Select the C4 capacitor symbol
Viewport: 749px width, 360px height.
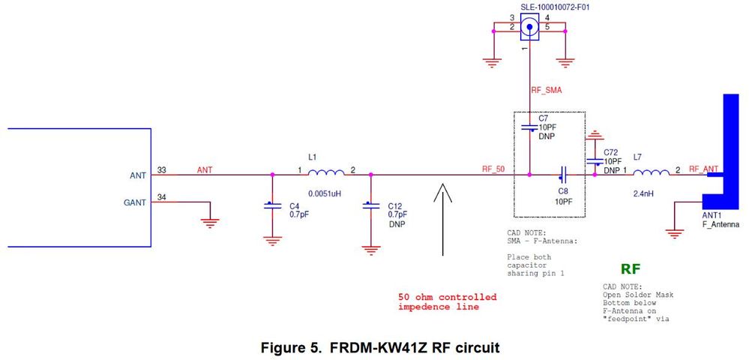[271, 205]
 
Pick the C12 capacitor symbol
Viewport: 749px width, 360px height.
[369, 205]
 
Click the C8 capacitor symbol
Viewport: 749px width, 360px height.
[562, 175]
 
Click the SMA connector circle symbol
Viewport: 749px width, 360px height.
[530, 29]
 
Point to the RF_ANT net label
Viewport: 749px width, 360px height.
[703, 169]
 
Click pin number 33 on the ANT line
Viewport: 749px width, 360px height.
[162, 169]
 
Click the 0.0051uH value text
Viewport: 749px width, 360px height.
[324, 193]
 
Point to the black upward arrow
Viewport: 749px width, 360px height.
[443, 217]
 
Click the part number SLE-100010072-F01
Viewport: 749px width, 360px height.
[530, 7]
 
